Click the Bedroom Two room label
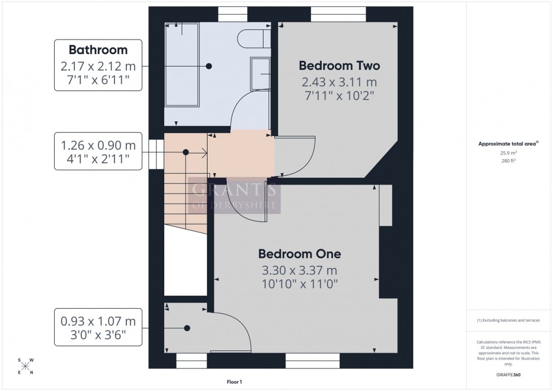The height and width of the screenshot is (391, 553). coord(339,65)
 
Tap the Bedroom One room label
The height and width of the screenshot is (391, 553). coord(299,254)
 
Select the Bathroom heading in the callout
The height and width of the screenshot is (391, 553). coord(98,50)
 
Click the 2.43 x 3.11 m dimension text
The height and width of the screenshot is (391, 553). coord(339,83)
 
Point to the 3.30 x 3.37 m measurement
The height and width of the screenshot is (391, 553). coord(299,271)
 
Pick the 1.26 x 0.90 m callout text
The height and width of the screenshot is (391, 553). coord(98,146)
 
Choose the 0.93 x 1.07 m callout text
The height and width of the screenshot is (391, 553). coord(98,322)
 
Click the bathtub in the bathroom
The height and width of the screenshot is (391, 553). coord(182,66)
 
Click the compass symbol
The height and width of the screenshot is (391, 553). coord(25,366)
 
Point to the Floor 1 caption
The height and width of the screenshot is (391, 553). coord(233,382)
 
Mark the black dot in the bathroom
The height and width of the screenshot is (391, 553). coord(209,66)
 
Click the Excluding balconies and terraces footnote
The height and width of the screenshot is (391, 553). coord(508,320)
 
